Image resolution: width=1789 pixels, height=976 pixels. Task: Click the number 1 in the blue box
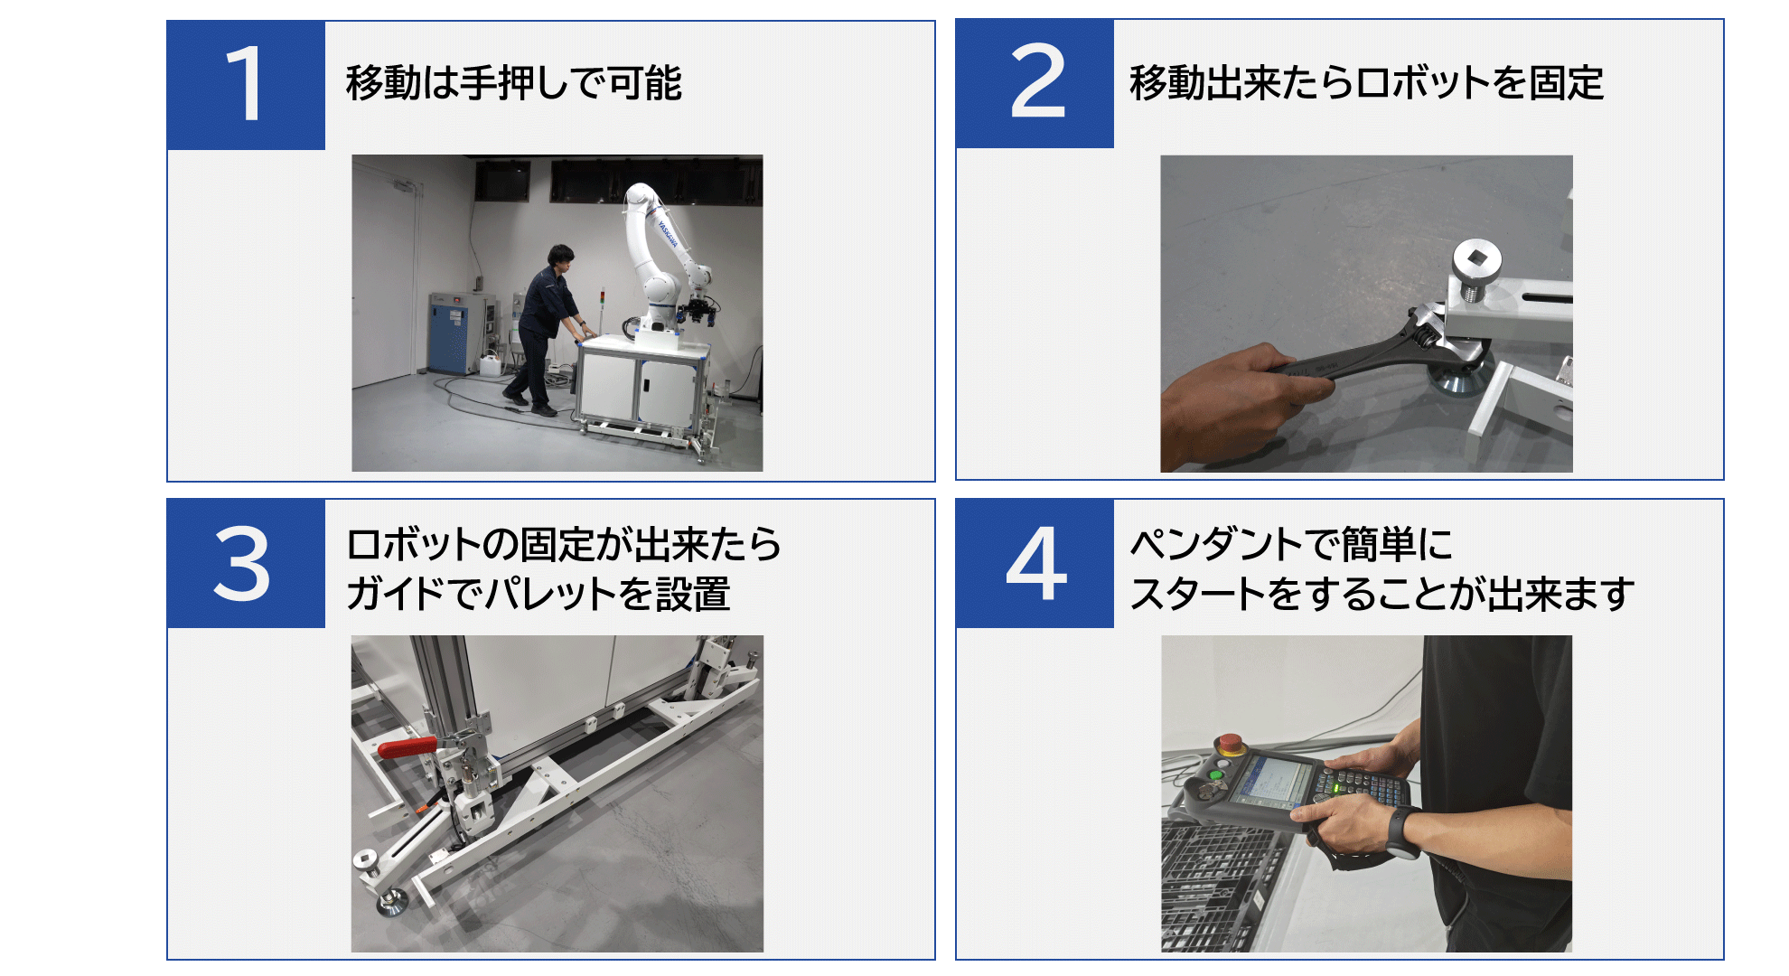click(245, 83)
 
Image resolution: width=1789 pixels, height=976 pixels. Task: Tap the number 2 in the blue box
click(1037, 81)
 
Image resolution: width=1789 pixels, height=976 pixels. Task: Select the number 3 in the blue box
click(241, 564)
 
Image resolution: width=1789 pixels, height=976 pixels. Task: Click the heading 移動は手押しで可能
click(513, 83)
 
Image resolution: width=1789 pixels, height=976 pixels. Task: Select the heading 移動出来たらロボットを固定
click(1367, 83)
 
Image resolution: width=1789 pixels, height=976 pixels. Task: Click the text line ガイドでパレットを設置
click(539, 595)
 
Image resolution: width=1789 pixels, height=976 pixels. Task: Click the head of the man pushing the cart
click(561, 257)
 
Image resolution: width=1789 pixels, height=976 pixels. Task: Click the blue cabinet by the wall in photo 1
click(450, 332)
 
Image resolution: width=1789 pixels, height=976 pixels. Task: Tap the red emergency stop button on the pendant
click(1230, 745)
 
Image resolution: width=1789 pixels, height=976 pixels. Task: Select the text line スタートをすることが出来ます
click(1382, 595)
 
